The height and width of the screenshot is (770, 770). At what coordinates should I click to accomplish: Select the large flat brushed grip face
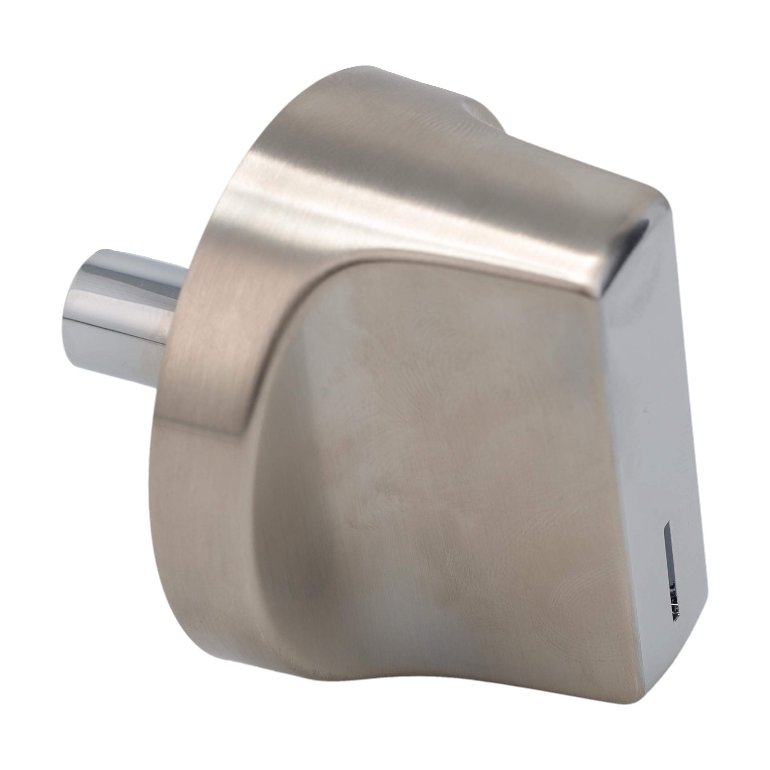[x=438, y=458]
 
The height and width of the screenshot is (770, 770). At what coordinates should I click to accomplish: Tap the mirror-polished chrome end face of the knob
[x=654, y=399]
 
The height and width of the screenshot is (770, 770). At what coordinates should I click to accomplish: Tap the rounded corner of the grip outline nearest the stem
[x=319, y=287]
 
